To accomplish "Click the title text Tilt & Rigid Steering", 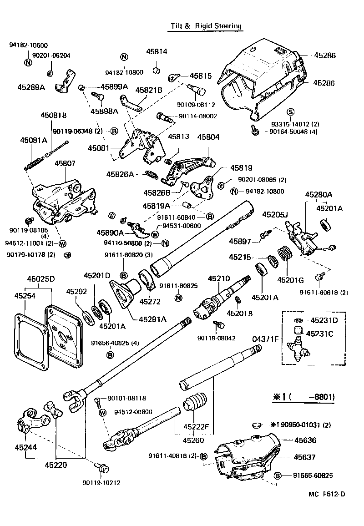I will click(206, 26).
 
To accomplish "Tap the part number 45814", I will click(157, 52).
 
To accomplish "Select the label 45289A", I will click(31, 87).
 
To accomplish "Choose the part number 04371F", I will click(265, 339).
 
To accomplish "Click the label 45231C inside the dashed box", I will click(319, 334).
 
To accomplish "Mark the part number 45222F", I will click(196, 427).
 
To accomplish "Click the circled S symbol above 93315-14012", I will click(290, 112).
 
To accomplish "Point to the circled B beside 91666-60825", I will click(278, 475).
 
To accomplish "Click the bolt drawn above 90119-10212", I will click(101, 467).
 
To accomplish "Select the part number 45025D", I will click(41, 278).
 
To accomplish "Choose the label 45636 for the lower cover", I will click(305, 440).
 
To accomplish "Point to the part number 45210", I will click(218, 278).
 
